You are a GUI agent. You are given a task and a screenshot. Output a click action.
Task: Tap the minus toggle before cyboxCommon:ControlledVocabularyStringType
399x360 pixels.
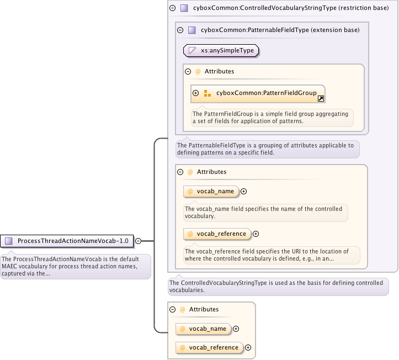(x=173, y=8)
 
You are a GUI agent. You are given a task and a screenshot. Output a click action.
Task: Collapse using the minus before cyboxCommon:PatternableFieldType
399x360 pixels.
(x=180, y=30)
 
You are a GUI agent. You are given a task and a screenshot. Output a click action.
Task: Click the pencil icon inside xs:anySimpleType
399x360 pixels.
(x=193, y=50)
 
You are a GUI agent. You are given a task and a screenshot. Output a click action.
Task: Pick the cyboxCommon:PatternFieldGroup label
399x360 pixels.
(x=266, y=93)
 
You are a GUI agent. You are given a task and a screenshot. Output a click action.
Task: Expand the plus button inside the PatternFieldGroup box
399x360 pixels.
(x=196, y=93)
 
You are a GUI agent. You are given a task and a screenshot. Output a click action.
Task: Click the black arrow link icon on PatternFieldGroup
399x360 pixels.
(x=321, y=98)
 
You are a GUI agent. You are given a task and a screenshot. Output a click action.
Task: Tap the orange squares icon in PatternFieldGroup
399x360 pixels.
(x=208, y=93)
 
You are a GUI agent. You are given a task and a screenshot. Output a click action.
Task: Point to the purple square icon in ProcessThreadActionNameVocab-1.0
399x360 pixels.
(x=9, y=241)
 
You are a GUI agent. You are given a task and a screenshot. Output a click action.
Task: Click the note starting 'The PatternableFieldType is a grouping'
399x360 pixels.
(x=267, y=149)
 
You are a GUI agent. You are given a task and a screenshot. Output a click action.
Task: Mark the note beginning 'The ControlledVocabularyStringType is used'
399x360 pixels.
(x=278, y=286)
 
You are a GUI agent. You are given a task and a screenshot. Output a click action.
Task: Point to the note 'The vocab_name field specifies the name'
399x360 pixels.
(x=264, y=213)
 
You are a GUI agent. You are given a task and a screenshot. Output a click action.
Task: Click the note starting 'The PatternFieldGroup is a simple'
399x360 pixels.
(x=272, y=118)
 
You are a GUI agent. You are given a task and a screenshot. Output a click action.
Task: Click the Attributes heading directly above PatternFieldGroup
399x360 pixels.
(x=219, y=71)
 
